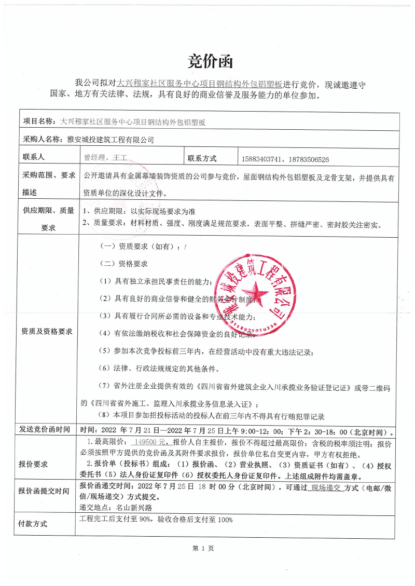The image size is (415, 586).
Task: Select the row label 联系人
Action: [34, 157]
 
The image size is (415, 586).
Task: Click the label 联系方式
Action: [202, 158]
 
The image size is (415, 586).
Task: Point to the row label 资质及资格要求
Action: [47, 331]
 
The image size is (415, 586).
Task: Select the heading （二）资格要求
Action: [123, 264]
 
